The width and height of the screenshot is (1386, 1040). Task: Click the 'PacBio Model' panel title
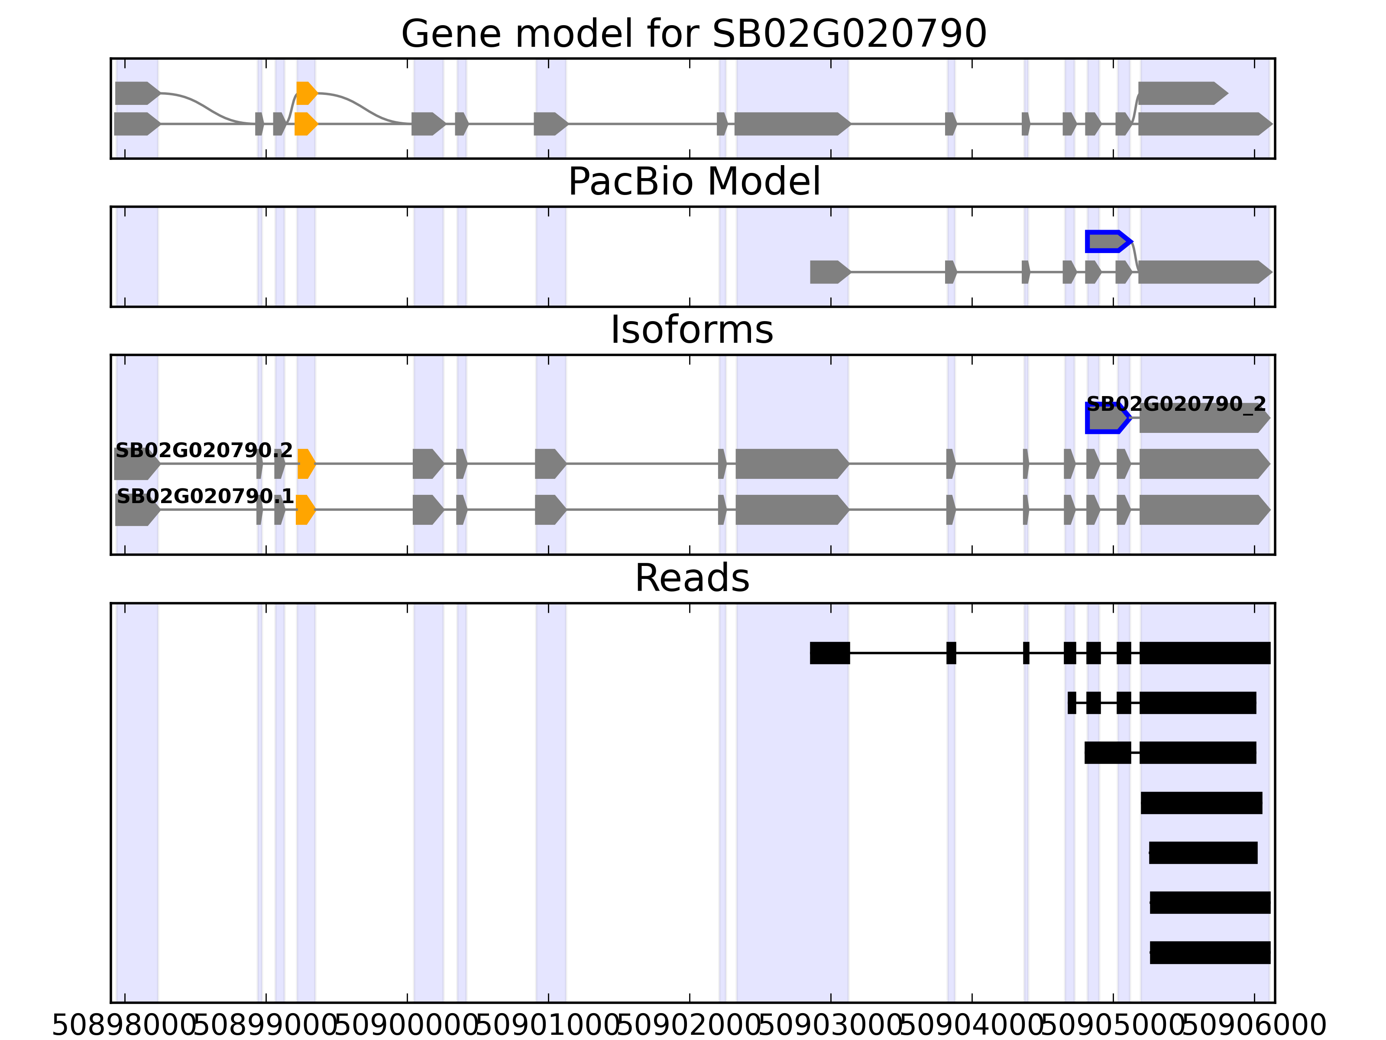click(693, 182)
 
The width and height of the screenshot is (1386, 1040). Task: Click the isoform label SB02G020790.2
click(204, 450)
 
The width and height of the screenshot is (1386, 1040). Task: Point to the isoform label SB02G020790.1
click(205, 497)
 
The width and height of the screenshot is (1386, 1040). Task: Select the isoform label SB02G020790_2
click(1176, 404)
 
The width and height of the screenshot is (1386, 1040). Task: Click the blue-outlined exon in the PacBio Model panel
click(1107, 241)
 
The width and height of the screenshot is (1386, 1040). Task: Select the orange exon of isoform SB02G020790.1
click(304, 510)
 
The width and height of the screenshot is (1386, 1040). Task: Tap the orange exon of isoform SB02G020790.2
click(306, 464)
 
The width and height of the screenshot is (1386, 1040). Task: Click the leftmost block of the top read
click(829, 653)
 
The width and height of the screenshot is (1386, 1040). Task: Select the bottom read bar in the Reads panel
click(1209, 953)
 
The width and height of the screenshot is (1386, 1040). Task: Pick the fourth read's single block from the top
click(1201, 803)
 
